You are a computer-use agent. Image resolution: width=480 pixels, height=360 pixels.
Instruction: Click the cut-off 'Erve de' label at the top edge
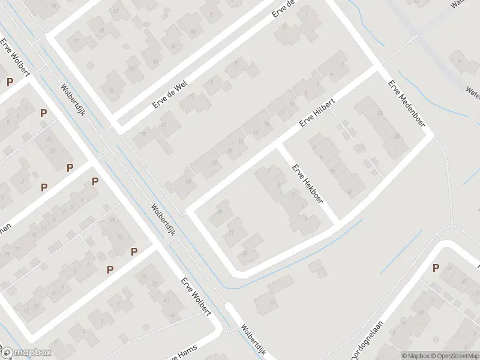click(x=285, y=8)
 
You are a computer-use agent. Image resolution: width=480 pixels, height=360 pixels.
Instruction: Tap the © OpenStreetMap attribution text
click(x=455, y=356)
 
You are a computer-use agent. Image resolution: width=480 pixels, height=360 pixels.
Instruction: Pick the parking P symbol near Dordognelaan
click(x=436, y=268)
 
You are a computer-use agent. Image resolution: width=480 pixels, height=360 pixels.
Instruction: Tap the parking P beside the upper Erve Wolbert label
click(x=10, y=82)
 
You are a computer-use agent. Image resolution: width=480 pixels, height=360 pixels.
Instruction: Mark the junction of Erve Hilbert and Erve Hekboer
click(x=278, y=146)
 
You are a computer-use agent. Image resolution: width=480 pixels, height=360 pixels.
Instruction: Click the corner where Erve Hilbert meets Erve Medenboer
click(x=377, y=67)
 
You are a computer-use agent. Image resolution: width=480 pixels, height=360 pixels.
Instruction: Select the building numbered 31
click(x=232, y=235)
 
